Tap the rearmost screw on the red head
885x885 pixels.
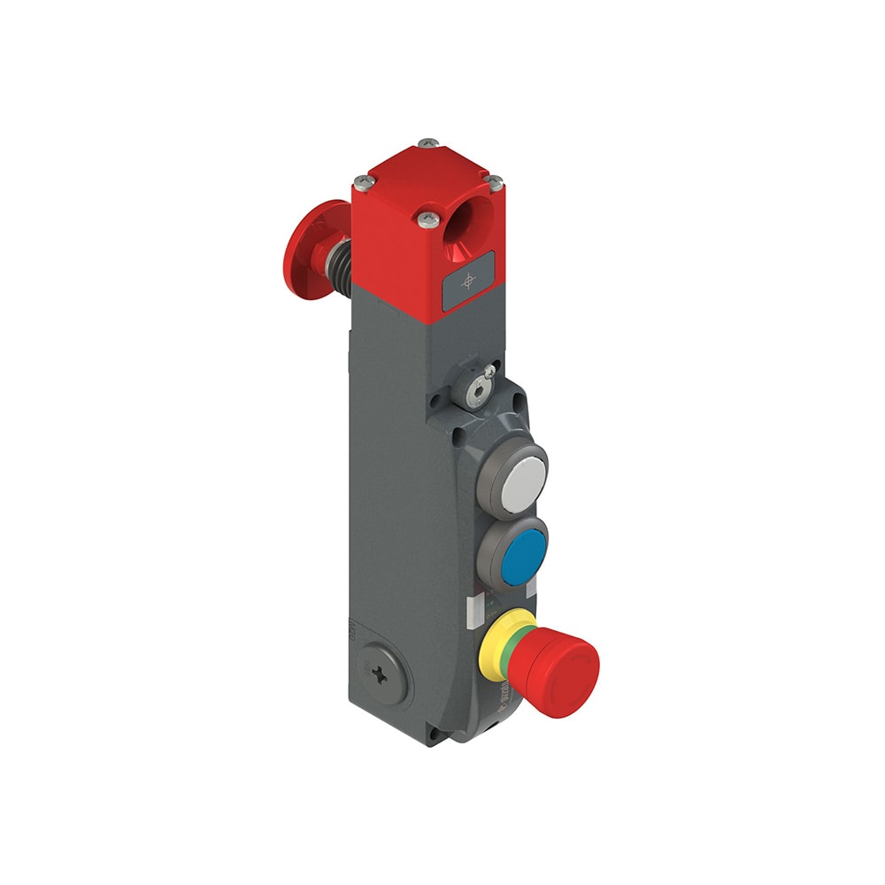tap(429, 142)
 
